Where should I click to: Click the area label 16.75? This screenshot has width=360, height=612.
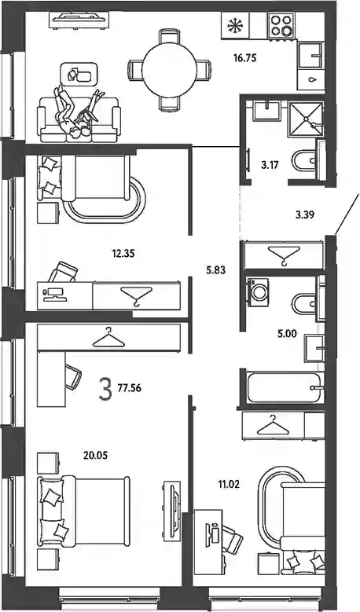coord(244,59)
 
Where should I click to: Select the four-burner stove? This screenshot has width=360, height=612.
coord(281,25)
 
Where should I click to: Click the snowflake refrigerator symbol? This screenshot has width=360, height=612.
coord(235,26)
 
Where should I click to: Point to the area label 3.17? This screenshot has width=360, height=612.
coord(270,165)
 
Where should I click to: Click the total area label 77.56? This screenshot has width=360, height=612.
coord(129,388)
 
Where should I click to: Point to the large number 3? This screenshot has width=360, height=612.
coord(105,388)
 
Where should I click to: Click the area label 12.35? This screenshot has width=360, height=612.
coord(123,254)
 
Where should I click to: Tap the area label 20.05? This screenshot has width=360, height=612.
coord(95,455)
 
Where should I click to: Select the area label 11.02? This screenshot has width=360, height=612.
coord(230,485)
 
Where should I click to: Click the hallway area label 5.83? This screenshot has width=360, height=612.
coord(216,269)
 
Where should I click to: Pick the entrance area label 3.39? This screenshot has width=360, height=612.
coord(305,214)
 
